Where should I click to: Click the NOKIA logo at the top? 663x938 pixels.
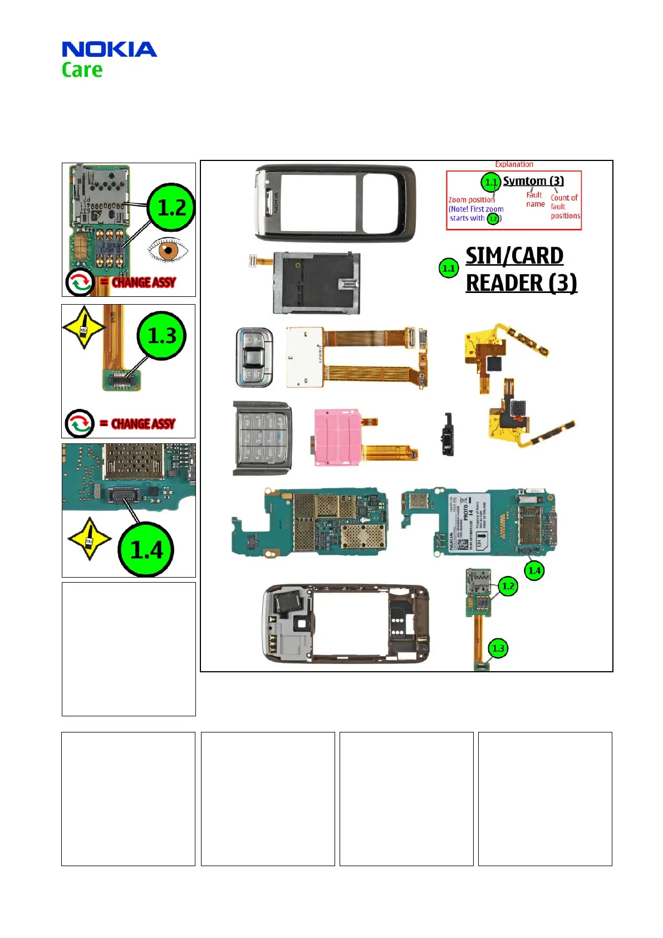tap(109, 50)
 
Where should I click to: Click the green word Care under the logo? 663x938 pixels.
tap(82, 70)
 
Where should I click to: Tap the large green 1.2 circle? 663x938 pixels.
tap(171, 207)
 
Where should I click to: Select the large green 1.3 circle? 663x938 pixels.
tap(162, 335)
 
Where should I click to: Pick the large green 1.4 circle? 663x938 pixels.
tap(146, 549)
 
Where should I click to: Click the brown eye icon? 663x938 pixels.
tap(168, 250)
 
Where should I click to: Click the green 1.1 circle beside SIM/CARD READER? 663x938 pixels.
tap(448, 268)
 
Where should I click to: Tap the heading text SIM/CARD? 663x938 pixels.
tap(514, 256)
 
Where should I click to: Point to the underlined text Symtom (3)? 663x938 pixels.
tap(533, 181)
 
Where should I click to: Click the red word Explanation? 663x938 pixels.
tap(514, 164)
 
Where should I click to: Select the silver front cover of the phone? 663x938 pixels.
tap(335, 203)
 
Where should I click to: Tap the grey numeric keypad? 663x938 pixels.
tap(262, 438)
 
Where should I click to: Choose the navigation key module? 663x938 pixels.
tap(254, 357)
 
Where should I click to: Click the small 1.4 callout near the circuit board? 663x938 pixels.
tap(534, 570)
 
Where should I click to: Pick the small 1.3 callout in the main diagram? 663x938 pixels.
tap(498, 648)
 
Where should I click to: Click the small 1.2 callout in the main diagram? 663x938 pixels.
tap(508, 586)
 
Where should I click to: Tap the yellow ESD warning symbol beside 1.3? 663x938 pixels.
tap(84, 328)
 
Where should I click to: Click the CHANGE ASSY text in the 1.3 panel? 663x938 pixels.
tap(143, 424)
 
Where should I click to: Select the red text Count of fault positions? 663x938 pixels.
tap(564, 207)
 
